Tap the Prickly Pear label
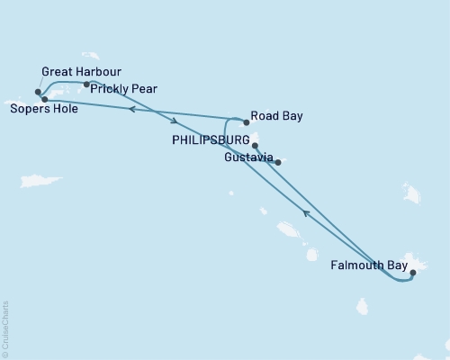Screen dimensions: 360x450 [x=127, y=88]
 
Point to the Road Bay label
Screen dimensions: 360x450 [x=278, y=116]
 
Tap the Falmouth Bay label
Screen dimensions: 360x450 [x=366, y=265]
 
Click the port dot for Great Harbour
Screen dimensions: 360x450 [x=38, y=92]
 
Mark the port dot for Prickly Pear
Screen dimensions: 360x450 [x=86, y=85]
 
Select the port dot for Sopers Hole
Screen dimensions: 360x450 [x=44, y=99]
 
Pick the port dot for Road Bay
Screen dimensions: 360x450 [x=246, y=121]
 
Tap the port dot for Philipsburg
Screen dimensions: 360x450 [x=255, y=145]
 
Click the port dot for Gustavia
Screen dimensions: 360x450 [x=278, y=163]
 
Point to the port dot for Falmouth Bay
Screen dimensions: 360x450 [x=412, y=272]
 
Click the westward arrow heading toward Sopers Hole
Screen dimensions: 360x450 [x=131, y=109]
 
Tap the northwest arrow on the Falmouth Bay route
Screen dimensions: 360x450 [x=306, y=213]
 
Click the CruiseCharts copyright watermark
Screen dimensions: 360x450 [x=5, y=329]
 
